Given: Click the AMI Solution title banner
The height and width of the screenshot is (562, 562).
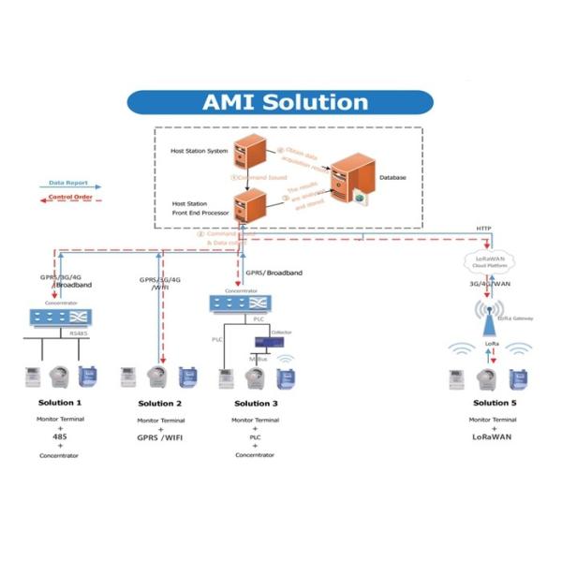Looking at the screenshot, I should (x=280, y=101).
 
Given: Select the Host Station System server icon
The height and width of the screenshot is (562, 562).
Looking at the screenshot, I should (x=250, y=150).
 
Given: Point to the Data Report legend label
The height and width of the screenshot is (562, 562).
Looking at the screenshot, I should (x=67, y=183).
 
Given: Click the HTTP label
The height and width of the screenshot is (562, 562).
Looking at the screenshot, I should (x=483, y=229).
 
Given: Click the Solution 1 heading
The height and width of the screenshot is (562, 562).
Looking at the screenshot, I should (x=59, y=403).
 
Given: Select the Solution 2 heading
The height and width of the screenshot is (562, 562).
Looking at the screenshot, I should (x=159, y=403).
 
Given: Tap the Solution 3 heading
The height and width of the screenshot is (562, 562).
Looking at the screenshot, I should (x=254, y=403).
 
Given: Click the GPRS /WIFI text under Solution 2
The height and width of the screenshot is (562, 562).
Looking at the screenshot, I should (x=159, y=436).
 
